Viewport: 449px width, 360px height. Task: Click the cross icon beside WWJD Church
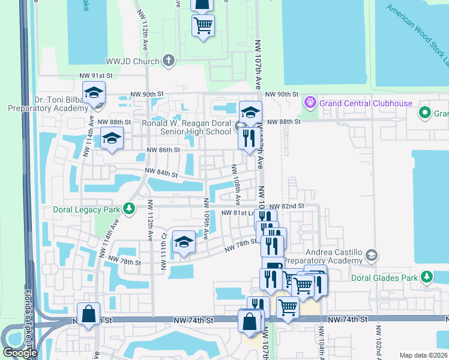point(169,61)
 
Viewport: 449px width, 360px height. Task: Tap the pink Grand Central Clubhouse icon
point(310,103)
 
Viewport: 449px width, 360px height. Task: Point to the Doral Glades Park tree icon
point(426,277)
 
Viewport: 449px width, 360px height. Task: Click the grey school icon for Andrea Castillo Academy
point(372,256)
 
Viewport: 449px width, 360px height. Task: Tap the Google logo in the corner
point(19,353)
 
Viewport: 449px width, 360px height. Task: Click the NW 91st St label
point(96,76)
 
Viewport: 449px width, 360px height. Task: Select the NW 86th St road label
point(164,150)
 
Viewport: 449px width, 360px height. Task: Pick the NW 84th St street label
point(161,174)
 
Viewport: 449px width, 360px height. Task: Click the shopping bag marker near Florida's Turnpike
point(89,314)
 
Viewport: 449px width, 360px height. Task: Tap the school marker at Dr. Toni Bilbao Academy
point(94,93)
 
